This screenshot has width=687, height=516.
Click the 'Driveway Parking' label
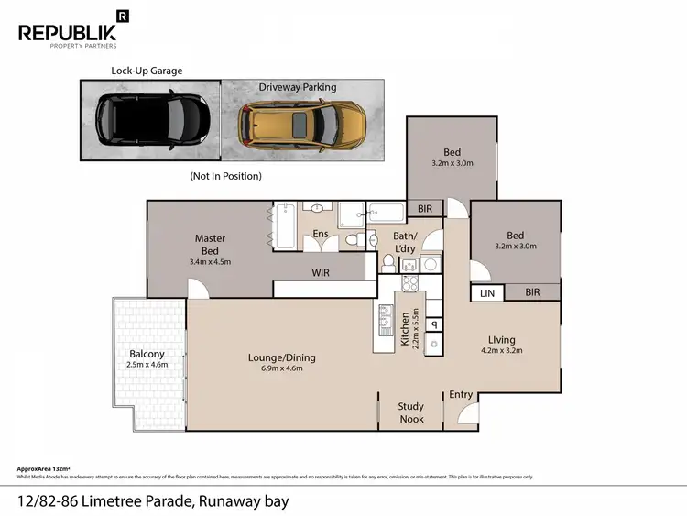[297, 87]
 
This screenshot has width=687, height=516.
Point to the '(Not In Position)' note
[225, 175]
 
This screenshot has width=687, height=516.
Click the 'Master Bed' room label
[210, 244]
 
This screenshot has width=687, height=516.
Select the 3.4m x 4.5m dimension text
[210, 261]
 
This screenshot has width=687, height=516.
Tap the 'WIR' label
[321, 273]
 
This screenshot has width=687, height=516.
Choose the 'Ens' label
[321, 235]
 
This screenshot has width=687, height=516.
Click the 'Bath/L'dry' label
[405, 242]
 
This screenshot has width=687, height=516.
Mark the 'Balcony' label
[147, 354]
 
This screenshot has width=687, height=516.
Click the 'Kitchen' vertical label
[405, 330]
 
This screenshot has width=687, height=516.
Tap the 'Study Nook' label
[410, 412]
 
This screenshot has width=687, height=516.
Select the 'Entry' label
[461, 395]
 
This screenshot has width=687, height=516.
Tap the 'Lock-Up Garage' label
[147, 70]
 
